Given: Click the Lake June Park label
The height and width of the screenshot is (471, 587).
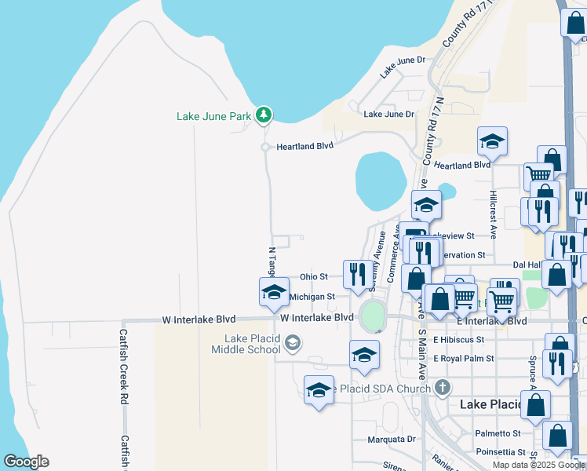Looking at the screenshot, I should click(213, 117).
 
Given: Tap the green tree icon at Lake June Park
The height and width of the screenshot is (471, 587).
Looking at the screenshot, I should click(264, 116).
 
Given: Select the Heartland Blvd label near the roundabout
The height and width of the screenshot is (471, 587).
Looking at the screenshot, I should click(304, 145).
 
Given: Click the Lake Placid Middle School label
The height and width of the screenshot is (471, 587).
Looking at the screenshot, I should click(252, 344).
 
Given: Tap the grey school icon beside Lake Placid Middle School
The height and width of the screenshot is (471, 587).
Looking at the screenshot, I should click(293, 342).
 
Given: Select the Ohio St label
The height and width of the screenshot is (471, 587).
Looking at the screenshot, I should click(313, 277).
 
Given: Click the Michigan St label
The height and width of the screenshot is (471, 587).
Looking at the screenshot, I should click(312, 297).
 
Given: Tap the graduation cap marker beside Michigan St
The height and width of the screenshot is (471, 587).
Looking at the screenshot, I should click(273, 292).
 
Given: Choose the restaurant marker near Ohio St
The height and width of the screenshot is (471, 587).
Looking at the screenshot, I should click(357, 274).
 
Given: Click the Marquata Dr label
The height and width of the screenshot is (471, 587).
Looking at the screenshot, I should click(391, 440).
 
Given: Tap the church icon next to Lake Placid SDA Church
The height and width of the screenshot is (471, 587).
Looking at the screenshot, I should click(443, 387).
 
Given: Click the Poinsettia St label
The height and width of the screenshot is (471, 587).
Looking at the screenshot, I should click(499, 452).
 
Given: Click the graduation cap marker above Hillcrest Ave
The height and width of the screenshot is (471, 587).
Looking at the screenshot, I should click(492, 141).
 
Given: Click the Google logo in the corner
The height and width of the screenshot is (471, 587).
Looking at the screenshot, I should click(26, 462).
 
